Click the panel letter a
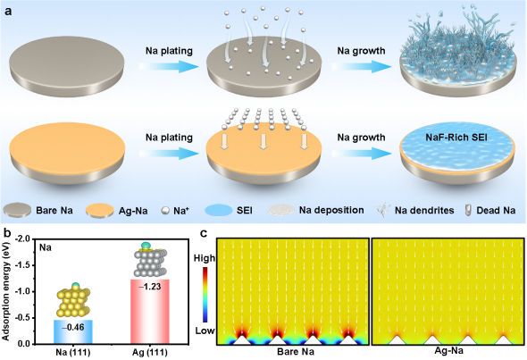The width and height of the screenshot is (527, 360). (8, 11)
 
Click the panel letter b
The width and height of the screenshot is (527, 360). (7, 232)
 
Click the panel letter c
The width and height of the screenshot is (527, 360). (203, 232)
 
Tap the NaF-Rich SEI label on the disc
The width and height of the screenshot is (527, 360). (456, 138)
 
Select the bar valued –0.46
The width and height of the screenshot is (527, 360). (73, 331)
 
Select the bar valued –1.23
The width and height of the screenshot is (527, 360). (149, 312)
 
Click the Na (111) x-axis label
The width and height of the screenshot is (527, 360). (73, 352)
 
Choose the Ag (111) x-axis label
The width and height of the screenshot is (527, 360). (150, 352)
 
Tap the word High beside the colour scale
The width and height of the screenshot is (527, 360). (205, 258)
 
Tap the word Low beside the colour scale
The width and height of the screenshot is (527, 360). (205, 331)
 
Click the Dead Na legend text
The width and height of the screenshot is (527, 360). (496, 211)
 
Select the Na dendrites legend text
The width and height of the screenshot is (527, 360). (424, 211)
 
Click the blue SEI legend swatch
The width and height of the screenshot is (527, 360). (219, 211)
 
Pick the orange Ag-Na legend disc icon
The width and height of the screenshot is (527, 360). (99, 211)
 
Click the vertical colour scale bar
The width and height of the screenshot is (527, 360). (205, 295)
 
